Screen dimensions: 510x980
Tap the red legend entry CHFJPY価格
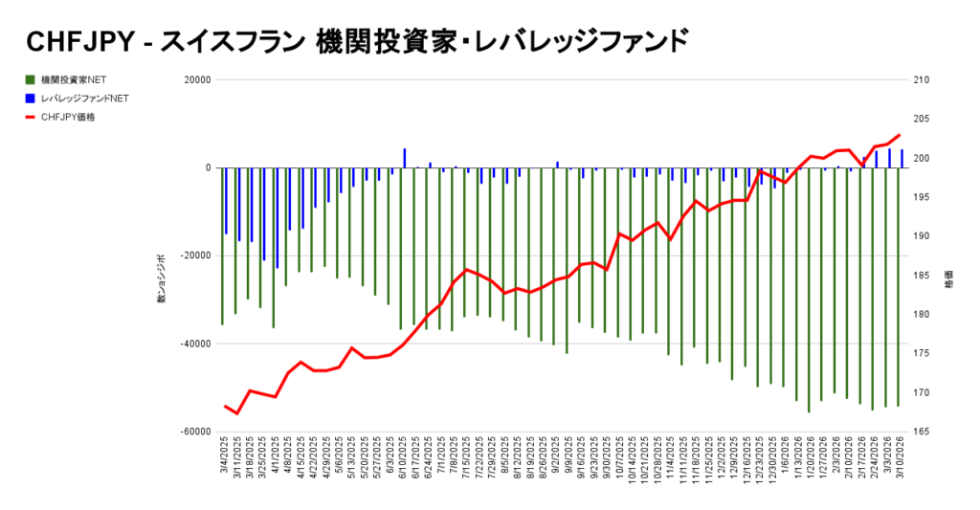[x=68, y=117]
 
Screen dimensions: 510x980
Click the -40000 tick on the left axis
[x=195, y=344]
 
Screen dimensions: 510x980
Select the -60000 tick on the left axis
[x=195, y=432]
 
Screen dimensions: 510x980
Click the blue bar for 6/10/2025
[x=405, y=158]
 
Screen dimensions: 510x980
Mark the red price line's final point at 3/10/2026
[x=900, y=135]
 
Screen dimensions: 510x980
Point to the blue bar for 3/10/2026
[x=902, y=158]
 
